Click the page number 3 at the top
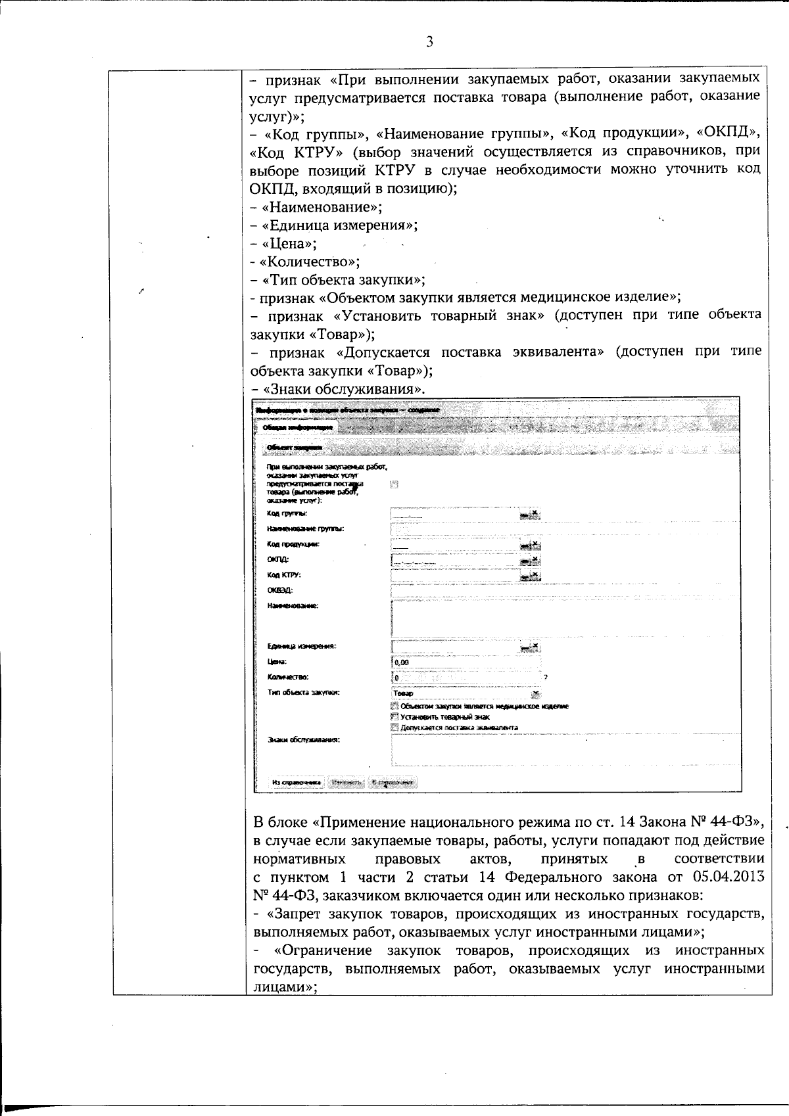pyautogui.click(x=429, y=42)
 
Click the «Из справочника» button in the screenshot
pyautogui.click(x=296, y=782)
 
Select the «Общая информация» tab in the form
pyautogui.click(x=297, y=427)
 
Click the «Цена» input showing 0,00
pyautogui.click(x=466, y=662)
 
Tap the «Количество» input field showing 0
pyautogui.click(x=466, y=677)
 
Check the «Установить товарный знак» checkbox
pyautogui.click(x=394, y=717)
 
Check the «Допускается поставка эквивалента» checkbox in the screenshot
pyautogui.click(x=394, y=728)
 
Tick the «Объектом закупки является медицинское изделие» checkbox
pyautogui.click(x=394, y=706)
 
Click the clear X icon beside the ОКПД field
pyautogui.click(x=535, y=559)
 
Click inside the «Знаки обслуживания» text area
pyautogui.click(x=565, y=749)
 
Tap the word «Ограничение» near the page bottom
pyautogui.click(x=325, y=950)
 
